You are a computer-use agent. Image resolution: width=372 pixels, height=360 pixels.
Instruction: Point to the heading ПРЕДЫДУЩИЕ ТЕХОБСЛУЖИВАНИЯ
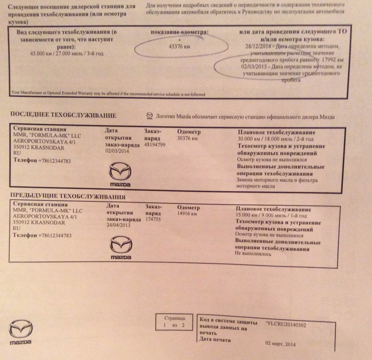(67, 197)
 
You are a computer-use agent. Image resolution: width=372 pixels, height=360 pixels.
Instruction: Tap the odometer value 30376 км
(188, 138)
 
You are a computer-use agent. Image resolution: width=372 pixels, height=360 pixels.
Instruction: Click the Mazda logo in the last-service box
(120, 174)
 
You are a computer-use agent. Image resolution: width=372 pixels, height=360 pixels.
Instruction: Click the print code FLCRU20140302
(286, 325)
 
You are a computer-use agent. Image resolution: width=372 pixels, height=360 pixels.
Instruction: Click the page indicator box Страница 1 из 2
(173, 322)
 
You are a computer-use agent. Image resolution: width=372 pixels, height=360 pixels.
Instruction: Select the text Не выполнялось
(253, 254)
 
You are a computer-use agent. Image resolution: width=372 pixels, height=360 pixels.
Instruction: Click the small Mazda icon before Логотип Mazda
(150, 116)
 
